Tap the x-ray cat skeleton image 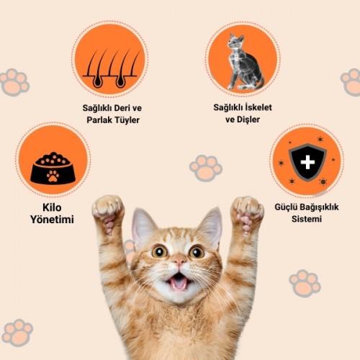(245, 61)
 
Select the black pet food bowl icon (53, 168)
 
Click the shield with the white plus (307, 162)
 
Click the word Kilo (52, 207)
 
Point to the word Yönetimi (52, 220)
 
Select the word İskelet (258, 107)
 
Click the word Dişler (248, 120)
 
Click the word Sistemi (307, 219)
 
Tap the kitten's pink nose (179, 261)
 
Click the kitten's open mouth (179, 281)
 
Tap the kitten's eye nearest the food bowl (159, 251)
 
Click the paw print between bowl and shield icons (206, 168)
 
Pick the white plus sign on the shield (307, 162)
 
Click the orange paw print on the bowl (53, 176)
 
